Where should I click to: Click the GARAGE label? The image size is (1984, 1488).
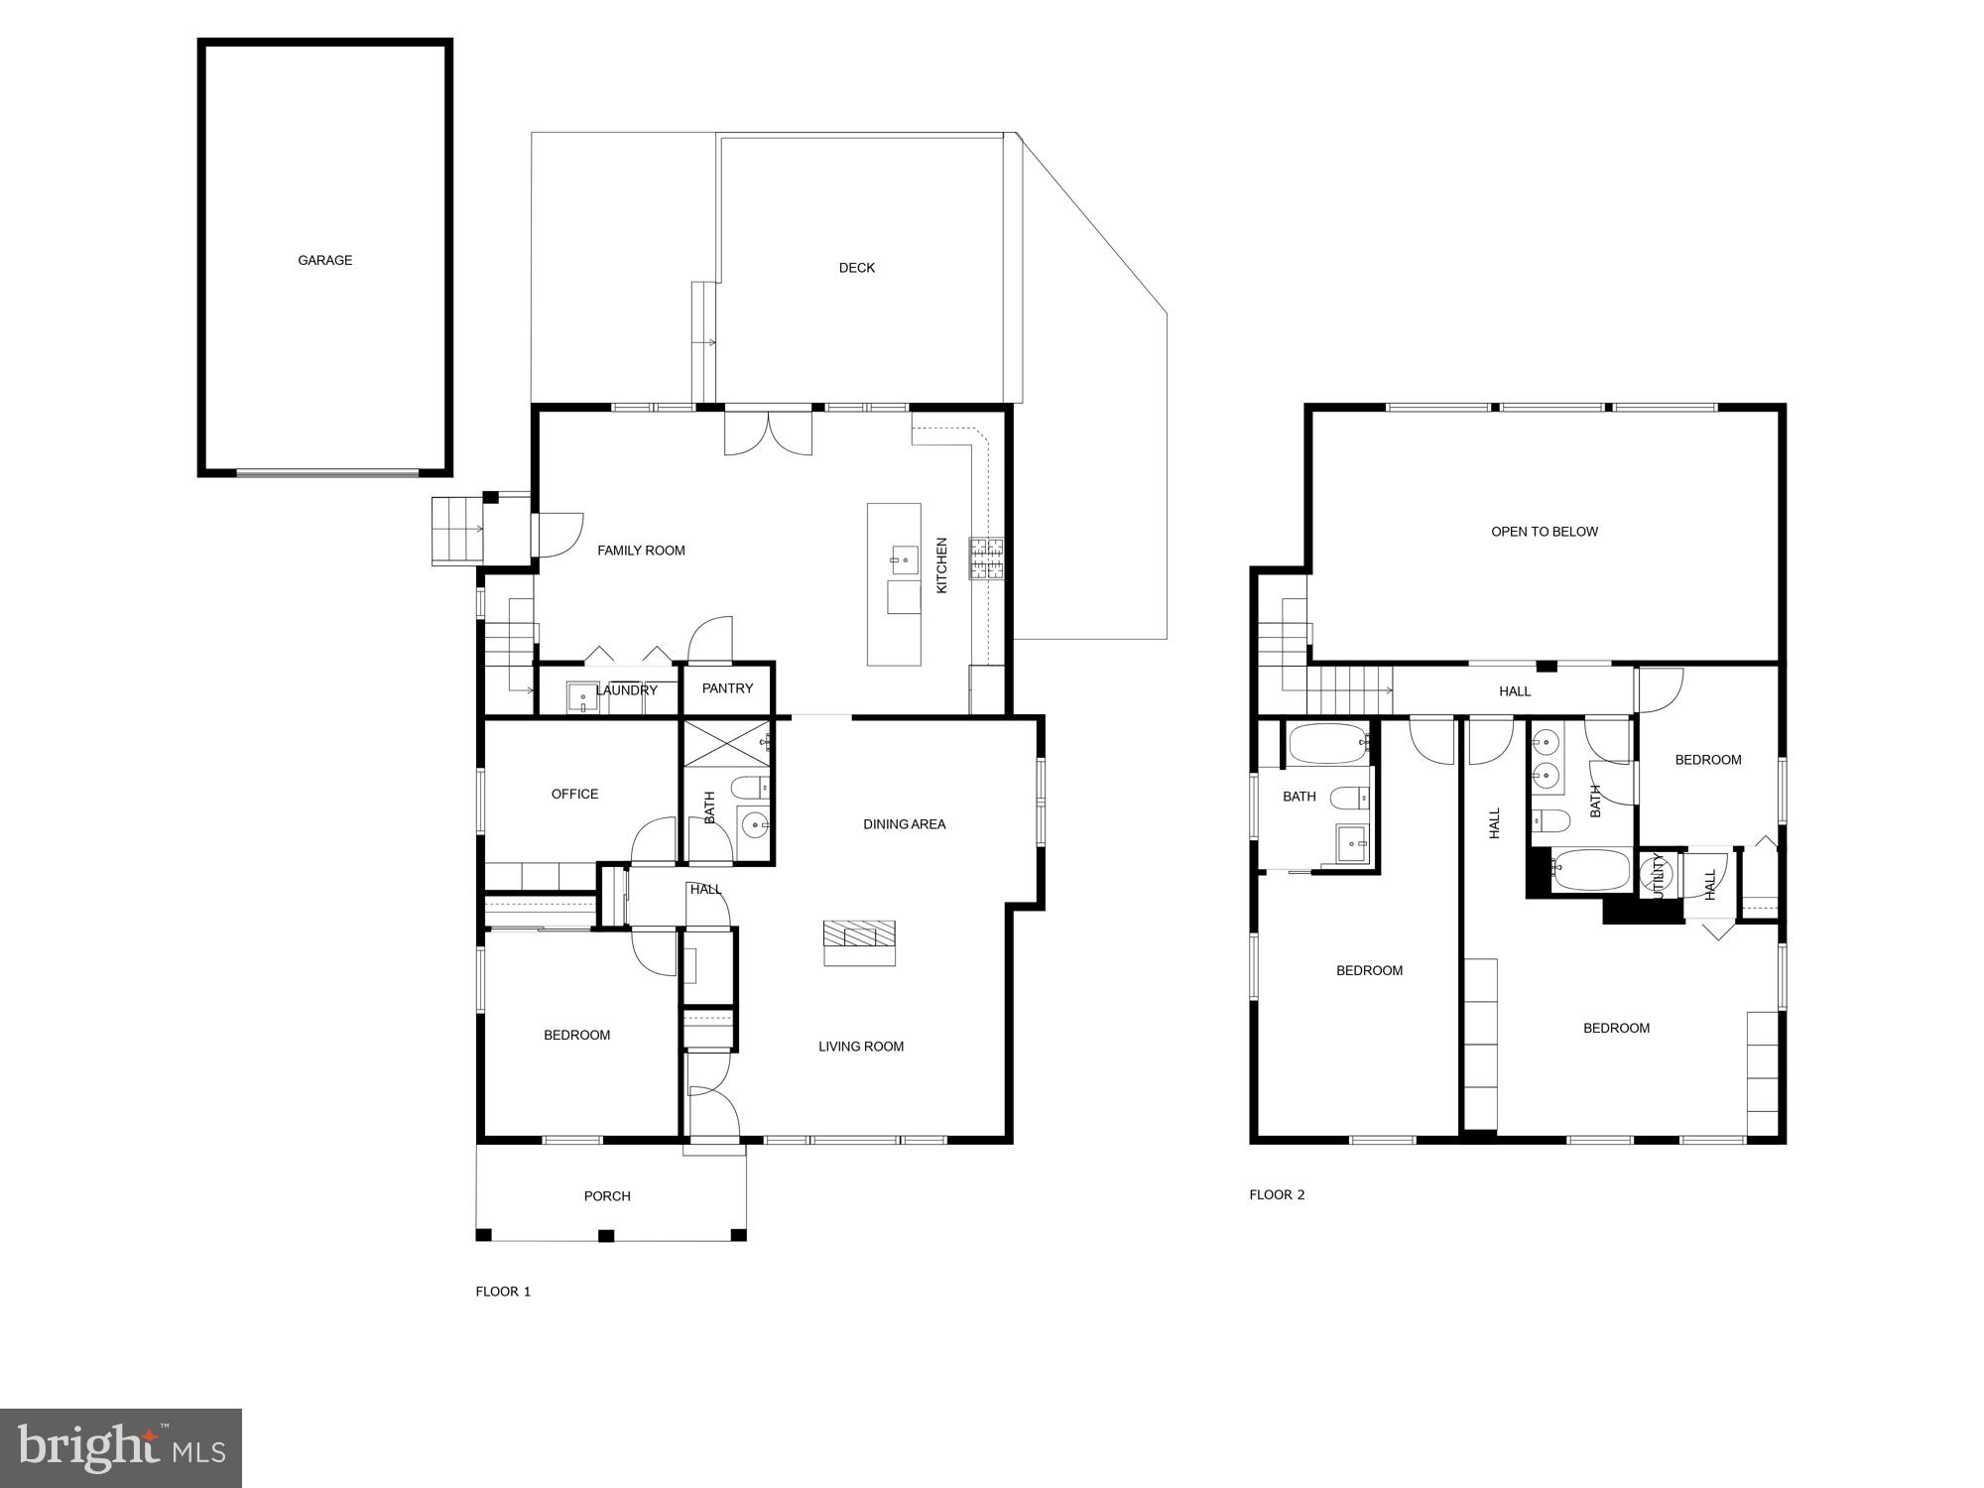[325, 260]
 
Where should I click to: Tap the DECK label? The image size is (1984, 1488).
[857, 268]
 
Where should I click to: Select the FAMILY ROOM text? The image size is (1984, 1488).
[641, 551]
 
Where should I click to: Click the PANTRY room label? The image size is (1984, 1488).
[727, 688]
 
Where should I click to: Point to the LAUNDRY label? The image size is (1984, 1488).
[627, 690]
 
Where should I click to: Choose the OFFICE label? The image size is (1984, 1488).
[575, 794]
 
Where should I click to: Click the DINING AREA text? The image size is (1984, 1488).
[904, 824]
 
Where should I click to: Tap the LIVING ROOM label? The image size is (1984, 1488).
[861, 1047]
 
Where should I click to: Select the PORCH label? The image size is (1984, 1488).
[607, 1196]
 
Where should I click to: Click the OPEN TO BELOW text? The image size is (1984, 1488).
[1545, 532]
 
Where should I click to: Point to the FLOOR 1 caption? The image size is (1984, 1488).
[503, 1292]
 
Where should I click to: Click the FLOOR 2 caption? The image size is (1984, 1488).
[1277, 1194]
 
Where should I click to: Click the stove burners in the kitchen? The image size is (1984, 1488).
[987, 558]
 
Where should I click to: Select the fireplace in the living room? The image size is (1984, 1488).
[859, 941]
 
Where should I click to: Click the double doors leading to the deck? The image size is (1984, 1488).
[768, 432]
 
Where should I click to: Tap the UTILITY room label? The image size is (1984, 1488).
[1658, 876]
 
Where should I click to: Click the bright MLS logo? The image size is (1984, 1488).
[121, 1447]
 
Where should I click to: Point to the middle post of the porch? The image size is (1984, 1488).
[606, 1235]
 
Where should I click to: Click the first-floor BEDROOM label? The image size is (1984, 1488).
[576, 1036]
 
